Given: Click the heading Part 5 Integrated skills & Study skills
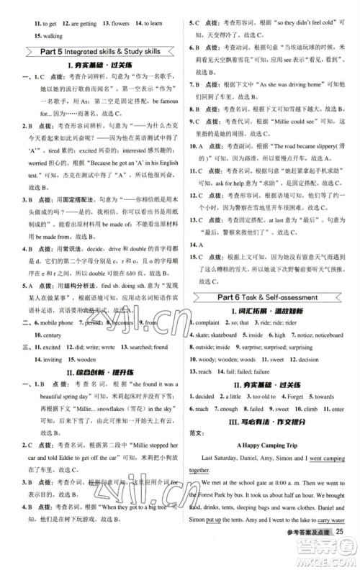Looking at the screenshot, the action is (x=91, y=51).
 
